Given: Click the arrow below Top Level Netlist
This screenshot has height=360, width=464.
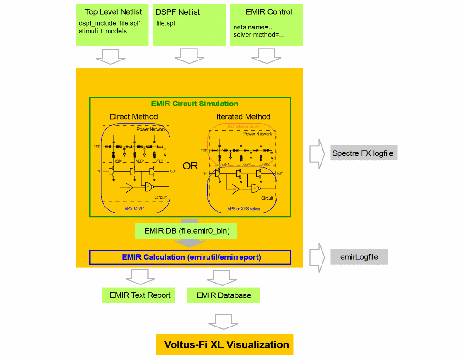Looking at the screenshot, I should point(110,56).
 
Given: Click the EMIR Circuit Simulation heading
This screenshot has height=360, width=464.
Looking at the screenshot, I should point(195,104).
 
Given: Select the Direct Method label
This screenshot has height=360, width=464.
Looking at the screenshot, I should point(134,116).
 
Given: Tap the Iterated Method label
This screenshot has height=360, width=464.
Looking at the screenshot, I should point(243,116).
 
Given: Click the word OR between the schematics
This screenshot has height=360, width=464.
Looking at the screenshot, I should point(190,166).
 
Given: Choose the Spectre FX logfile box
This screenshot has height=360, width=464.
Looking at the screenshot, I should point(363,153).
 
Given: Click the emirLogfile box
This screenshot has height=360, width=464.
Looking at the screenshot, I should point(359,257).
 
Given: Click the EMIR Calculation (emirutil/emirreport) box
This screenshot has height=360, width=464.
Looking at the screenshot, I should point(190,257).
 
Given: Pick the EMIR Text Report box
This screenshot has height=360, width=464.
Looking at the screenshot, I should point(140,295).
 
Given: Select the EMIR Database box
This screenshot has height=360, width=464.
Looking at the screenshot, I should point(224,295).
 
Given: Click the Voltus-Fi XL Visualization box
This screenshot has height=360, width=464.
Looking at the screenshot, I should point(225,344).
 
